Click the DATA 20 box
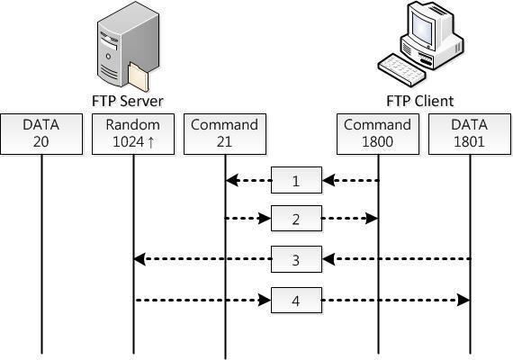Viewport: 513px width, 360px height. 41,134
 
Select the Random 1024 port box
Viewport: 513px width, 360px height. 133,134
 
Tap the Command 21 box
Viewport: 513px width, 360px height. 225,134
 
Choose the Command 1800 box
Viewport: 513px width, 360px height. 378,134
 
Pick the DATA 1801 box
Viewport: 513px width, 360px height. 470,134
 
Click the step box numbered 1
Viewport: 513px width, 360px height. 296,180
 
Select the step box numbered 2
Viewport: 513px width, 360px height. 296,219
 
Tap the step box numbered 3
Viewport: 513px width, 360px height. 296,259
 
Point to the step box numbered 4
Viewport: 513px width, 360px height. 296,300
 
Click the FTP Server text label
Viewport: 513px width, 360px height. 128,101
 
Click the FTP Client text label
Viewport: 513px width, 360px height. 420,101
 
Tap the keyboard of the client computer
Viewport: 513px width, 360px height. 402,69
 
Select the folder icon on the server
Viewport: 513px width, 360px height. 139,76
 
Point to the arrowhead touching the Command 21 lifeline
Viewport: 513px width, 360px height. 232,180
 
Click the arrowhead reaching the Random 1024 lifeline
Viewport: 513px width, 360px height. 139,259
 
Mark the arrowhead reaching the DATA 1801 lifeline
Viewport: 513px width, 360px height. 463,300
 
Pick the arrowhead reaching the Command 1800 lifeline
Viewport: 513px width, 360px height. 372,219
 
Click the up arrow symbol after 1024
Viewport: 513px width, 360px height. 151,142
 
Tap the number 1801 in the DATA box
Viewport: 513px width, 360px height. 469,141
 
